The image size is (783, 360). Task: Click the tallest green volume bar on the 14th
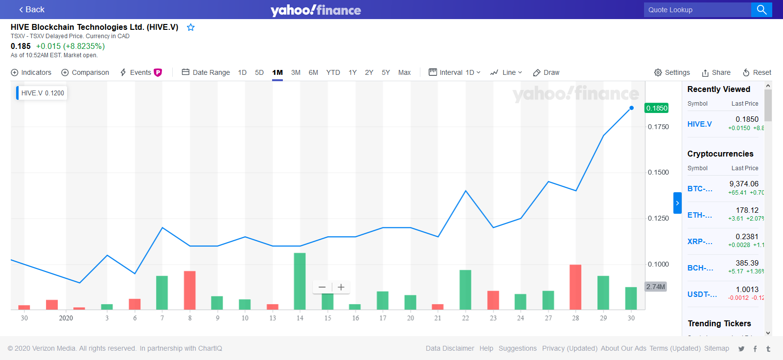point(299,281)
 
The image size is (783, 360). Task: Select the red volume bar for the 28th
point(576,287)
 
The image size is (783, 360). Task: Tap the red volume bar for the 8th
point(190,290)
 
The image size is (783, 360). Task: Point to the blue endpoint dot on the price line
point(631,108)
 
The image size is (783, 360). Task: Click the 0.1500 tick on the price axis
point(658,172)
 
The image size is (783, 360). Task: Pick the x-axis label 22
point(465,318)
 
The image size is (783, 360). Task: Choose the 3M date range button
point(296,72)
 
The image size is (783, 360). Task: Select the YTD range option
point(333,72)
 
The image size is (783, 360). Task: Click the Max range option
point(404,72)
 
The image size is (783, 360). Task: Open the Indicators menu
point(31,72)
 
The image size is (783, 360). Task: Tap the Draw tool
point(546,72)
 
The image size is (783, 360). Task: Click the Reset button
point(757,72)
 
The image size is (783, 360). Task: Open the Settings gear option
point(672,72)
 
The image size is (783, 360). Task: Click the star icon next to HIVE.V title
point(191,27)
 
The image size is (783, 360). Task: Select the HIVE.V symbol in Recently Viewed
point(699,124)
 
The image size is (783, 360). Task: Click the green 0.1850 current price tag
point(657,108)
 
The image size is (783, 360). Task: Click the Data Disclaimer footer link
point(450,348)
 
